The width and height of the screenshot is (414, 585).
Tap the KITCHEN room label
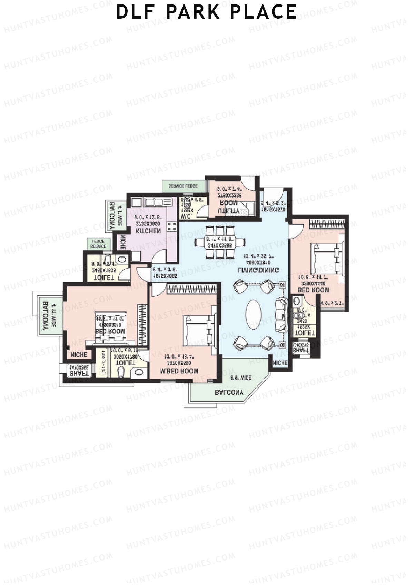click(x=148, y=231)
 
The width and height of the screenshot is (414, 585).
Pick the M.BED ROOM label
click(x=179, y=371)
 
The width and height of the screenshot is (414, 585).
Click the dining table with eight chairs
click(x=220, y=242)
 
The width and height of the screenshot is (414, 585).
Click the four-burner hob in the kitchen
click(x=172, y=226)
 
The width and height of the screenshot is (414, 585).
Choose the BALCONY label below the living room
click(x=229, y=392)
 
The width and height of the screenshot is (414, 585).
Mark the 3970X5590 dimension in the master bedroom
click(x=179, y=363)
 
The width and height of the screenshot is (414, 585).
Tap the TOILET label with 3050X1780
click(x=125, y=363)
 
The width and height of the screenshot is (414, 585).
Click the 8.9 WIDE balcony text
click(x=241, y=378)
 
